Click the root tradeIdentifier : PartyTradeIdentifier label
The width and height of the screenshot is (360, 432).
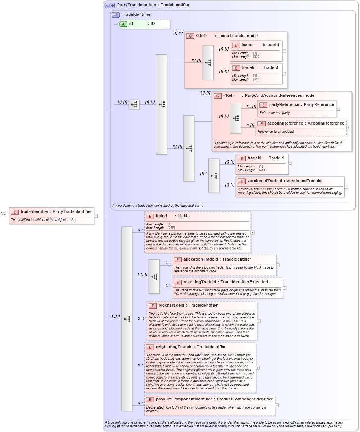coord(56,211)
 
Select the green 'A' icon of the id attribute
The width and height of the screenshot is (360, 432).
coord(123,24)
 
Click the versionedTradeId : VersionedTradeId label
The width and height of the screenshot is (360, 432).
coord(284,181)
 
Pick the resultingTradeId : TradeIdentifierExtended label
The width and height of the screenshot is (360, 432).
coord(225,282)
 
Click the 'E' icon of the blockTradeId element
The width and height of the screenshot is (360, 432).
coord(152,306)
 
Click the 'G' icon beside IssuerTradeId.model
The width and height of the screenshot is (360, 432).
coord(190,36)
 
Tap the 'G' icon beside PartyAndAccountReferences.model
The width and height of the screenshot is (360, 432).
coord(218,96)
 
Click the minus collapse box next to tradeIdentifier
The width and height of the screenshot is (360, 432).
coord(96,216)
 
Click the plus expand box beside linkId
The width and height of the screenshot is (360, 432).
coord(252,232)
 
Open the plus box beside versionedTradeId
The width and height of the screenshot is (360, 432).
coord(346,187)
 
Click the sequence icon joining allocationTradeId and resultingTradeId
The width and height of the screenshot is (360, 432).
coord(154,277)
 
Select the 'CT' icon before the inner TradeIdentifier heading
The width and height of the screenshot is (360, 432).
coord(116,15)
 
